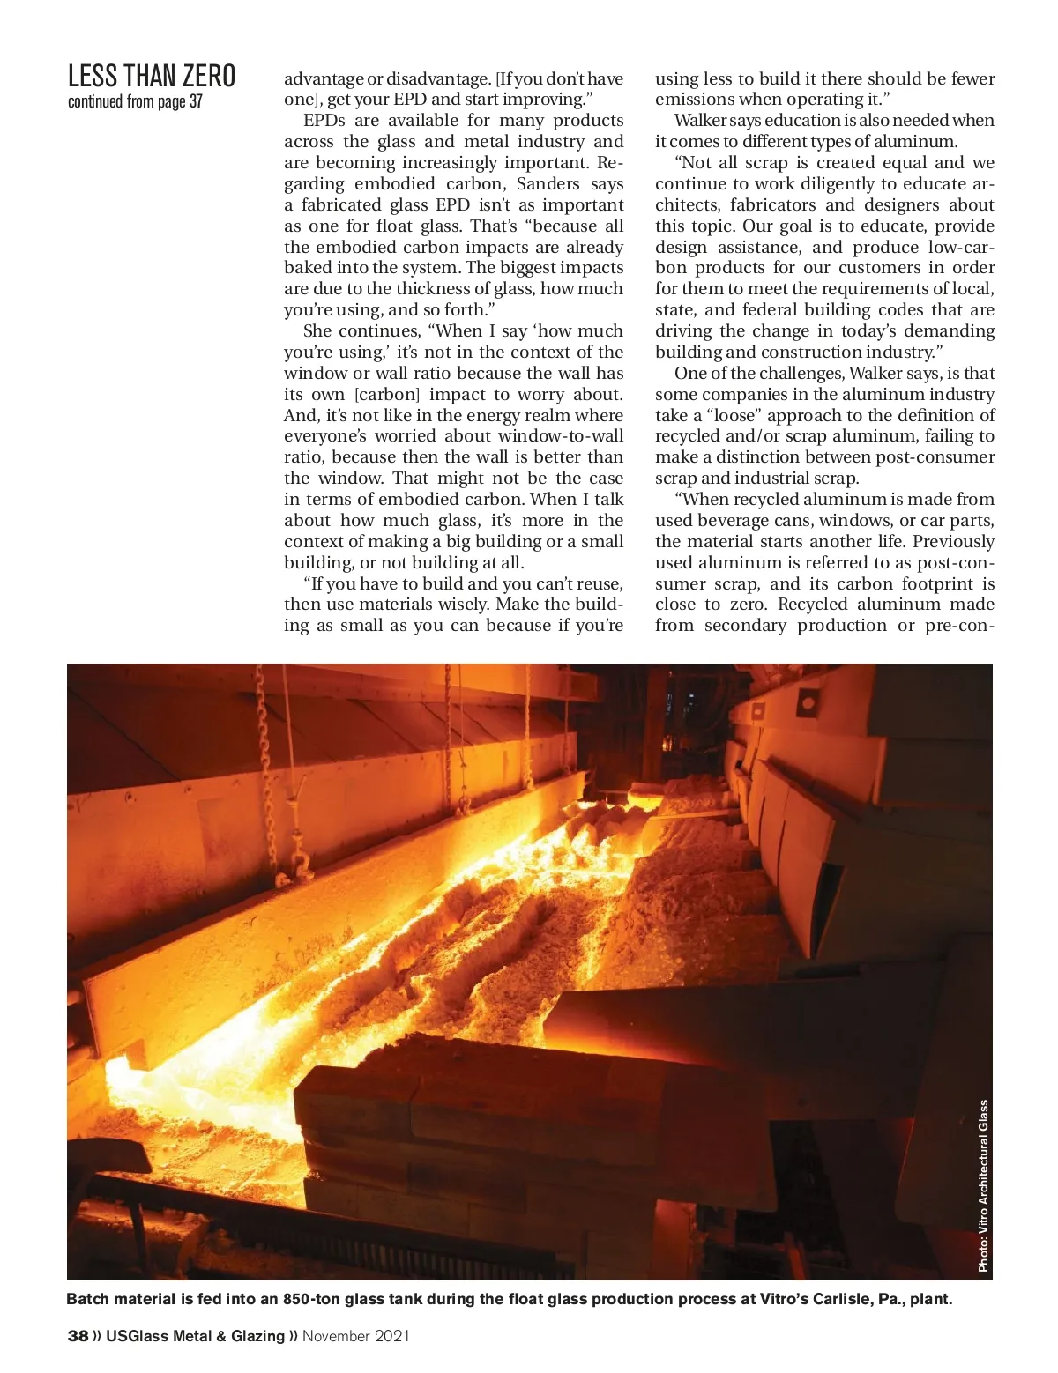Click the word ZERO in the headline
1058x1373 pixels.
pos(209,76)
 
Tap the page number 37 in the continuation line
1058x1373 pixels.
pos(196,101)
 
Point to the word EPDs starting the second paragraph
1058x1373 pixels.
pos(324,121)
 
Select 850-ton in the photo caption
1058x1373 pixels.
pos(311,1299)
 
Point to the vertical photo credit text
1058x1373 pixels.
pos(983,1185)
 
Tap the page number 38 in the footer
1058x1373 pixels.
pos(78,1336)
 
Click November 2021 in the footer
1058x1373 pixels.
pos(356,1336)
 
